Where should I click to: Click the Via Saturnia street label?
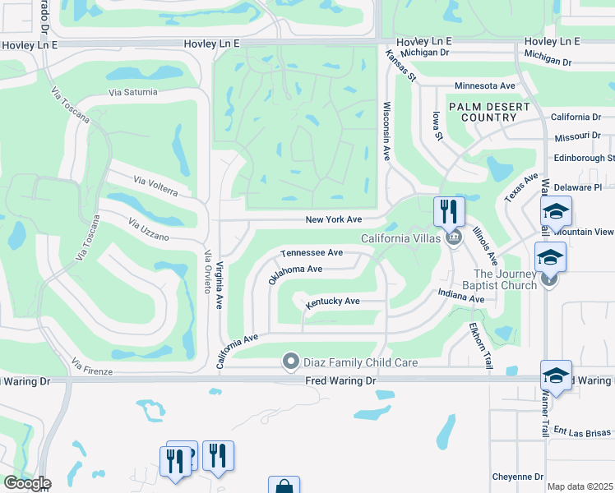coord(132,92)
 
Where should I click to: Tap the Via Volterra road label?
coord(156,186)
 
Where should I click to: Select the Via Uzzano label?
coord(148,229)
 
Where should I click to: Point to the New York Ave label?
coord(334,219)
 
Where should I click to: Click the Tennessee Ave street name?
coord(312,253)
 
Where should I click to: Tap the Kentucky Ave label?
coord(333,302)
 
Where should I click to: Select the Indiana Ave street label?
coord(461,296)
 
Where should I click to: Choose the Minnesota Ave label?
coord(485,85)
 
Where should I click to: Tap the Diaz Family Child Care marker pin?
coord(289,362)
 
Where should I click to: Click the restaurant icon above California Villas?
coord(449,210)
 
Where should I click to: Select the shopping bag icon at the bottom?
coord(284,486)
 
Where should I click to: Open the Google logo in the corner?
coord(27,483)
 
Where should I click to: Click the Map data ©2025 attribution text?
coord(580,486)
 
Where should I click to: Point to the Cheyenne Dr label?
coord(518,477)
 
